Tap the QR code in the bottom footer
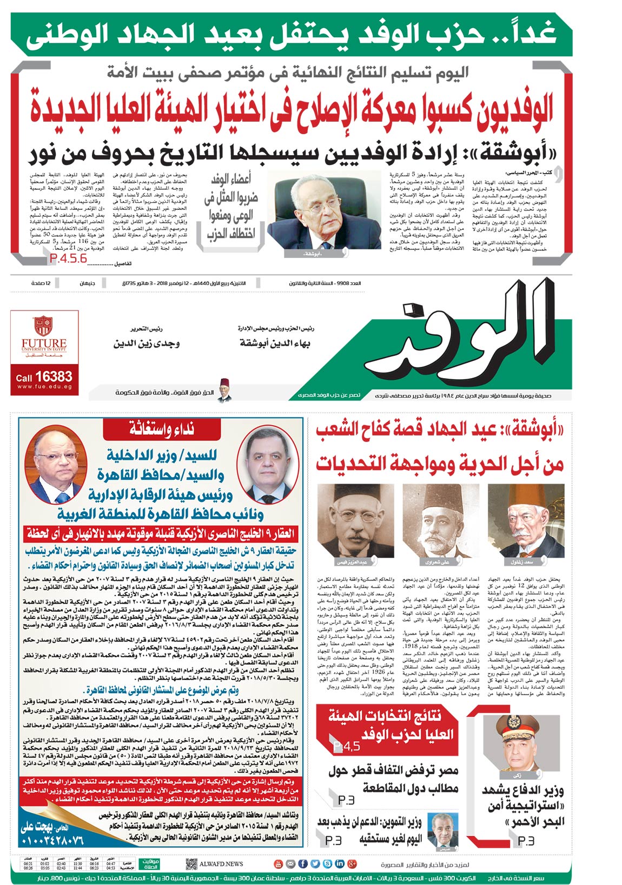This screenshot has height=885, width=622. (x=191, y=864)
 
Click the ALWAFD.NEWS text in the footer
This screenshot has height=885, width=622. (x=221, y=864)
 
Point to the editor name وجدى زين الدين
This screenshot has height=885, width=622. (x=146, y=344)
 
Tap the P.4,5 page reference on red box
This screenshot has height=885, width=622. (x=347, y=747)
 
